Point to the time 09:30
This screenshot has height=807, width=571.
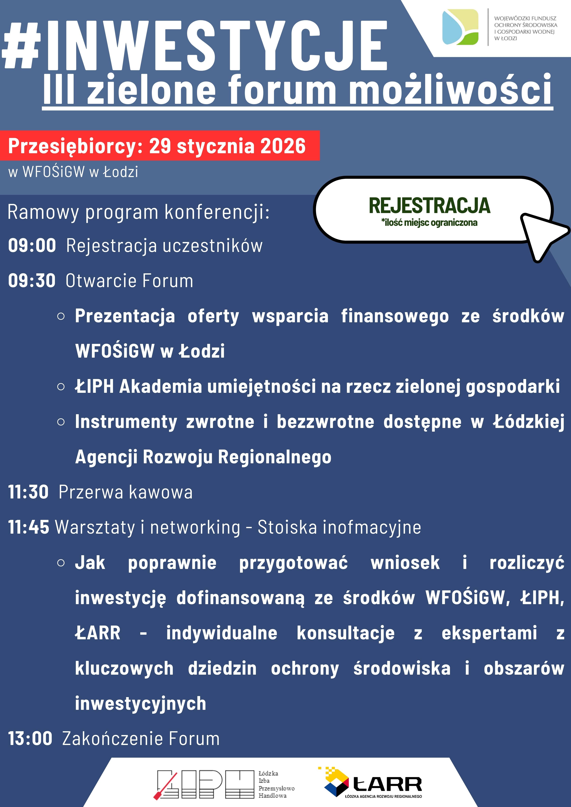click(x=32, y=280)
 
